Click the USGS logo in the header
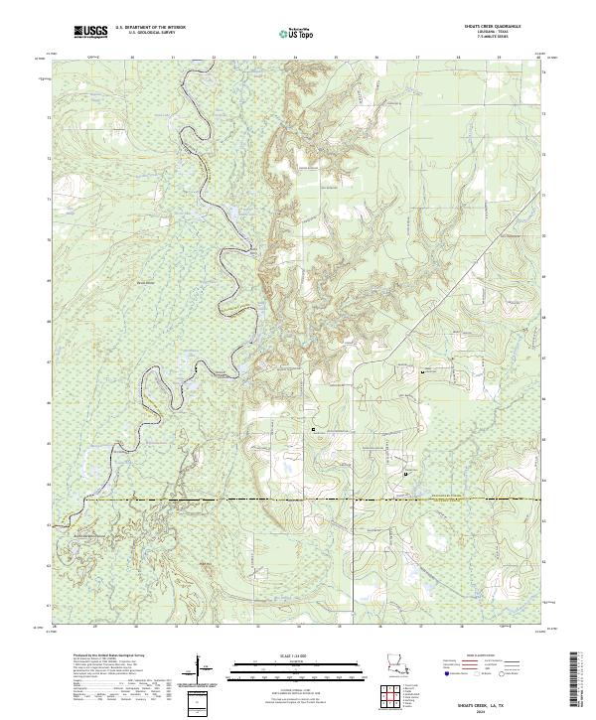[x=91, y=32]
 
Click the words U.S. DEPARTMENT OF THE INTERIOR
[x=150, y=28]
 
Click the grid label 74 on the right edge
[x=543, y=73]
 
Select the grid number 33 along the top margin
[x=254, y=58]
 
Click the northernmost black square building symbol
[x=424, y=370]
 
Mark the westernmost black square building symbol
[x=314, y=429]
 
